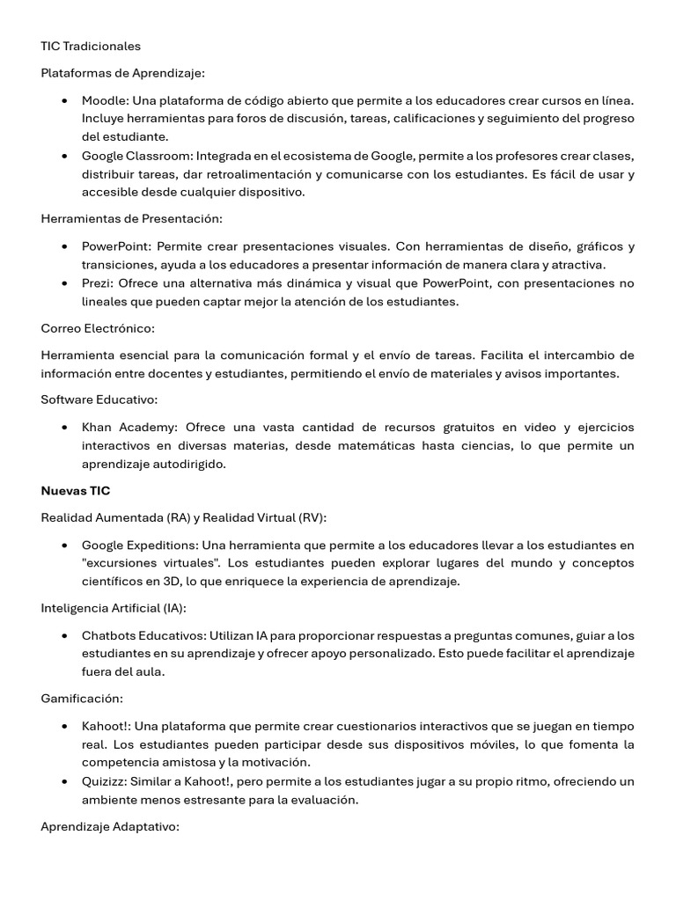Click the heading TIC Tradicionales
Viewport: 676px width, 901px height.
click(91, 46)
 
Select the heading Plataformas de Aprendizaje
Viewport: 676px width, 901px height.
click(122, 73)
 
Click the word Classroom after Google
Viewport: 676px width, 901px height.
click(160, 156)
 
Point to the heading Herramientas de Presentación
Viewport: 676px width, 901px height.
click(131, 218)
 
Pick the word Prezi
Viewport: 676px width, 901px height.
click(97, 282)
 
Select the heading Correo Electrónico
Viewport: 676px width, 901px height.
click(97, 327)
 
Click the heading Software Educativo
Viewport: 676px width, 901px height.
click(99, 399)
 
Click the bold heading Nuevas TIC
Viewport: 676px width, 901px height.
click(76, 490)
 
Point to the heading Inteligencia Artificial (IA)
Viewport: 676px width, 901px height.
click(114, 608)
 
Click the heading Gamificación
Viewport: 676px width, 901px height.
click(82, 699)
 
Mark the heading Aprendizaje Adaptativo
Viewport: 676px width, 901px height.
click(110, 827)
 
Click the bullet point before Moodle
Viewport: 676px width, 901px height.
click(65, 101)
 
